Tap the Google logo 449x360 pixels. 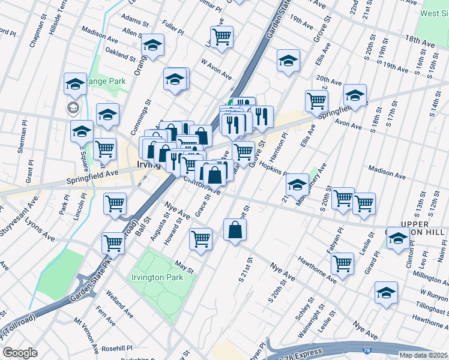tap(20, 353)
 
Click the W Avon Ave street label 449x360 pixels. tap(216, 68)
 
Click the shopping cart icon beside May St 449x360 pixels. tap(200, 238)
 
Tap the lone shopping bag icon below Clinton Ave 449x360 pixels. tap(235, 230)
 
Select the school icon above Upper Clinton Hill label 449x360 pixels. tap(398, 239)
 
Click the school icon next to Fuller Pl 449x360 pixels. tap(153, 46)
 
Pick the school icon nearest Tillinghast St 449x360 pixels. tap(386, 292)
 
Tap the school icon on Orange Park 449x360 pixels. tap(75, 84)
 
